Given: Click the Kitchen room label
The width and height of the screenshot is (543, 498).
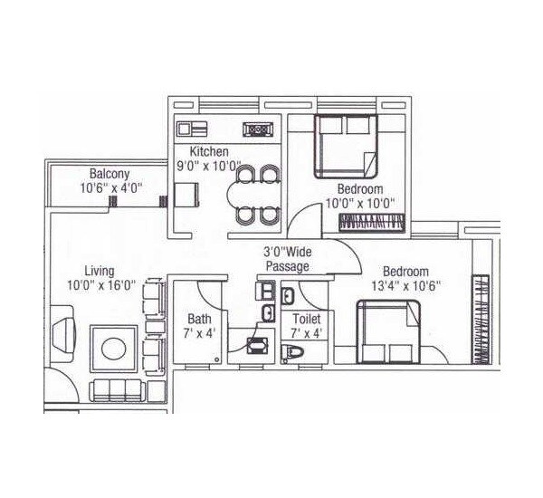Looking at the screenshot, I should point(208,151).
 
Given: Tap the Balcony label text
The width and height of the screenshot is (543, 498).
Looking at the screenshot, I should point(109,174).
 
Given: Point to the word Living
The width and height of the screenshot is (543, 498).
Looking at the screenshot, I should point(99,270).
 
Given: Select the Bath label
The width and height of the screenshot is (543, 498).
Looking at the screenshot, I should point(199,319).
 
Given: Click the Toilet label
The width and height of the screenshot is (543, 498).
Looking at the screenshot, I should point(306,319).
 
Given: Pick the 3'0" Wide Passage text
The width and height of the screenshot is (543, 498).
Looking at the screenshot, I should point(287,259).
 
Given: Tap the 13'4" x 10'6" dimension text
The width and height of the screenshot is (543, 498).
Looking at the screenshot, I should point(405,286).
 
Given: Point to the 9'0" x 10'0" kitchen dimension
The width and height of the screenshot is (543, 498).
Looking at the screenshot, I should point(209,167).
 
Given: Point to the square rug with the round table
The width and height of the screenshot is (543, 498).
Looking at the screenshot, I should point(114,348).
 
